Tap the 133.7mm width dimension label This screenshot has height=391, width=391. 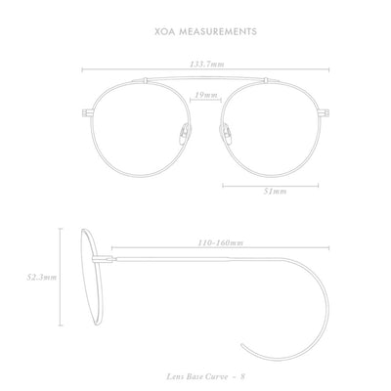pyautogui.click(x=207, y=65)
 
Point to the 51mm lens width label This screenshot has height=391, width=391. pyautogui.click(x=275, y=192)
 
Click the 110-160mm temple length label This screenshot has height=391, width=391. pyautogui.click(x=221, y=243)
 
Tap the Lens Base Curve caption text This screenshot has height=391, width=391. pyautogui.click(x=197, y=376)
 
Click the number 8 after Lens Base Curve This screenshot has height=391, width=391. pyautogui.click(x=242, y=376)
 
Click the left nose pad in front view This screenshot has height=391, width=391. pyautogui.click(x=185, y=134)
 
